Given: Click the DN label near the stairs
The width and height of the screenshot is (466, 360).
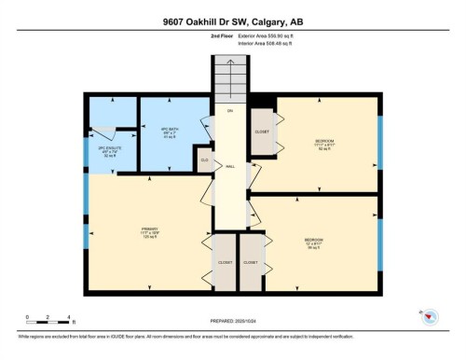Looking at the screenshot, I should (x=228, y=111).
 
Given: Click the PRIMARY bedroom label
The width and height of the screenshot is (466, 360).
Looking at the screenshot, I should (x=149, y=232).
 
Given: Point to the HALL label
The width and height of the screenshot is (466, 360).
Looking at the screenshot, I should (x=229, y=167).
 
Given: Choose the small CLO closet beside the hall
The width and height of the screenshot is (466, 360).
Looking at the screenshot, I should (x=205, y=161).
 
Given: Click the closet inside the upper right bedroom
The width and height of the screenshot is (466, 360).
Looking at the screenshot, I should (x=262, y=132).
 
